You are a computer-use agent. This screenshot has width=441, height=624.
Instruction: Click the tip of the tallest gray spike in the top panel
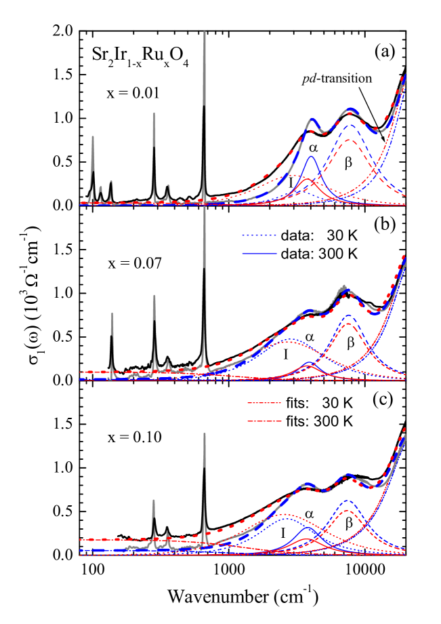click(204, 32)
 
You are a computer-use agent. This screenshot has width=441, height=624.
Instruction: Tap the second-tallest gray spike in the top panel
click(154, 114)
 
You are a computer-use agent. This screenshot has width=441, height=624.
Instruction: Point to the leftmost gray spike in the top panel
click(93, 137)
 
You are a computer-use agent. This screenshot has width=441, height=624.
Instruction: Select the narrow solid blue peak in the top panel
click(312, 157)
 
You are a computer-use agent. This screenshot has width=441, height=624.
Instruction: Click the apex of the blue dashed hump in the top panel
click(350, 125)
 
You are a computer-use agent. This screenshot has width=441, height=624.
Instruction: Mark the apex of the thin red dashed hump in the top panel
click(350, 140)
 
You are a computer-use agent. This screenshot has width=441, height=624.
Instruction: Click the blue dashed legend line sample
click(259, 235)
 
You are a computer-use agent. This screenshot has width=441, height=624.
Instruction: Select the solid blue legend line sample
click(259, 254)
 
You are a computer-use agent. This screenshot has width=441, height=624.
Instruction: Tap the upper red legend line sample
click(264, 403)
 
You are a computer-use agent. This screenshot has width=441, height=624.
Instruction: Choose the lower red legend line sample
click(264, 421)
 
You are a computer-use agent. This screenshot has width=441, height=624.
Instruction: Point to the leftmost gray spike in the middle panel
click(112, 313)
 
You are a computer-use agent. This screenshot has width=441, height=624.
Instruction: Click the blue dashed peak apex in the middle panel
click(348, 315)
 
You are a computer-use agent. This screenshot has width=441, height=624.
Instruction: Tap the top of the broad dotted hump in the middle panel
click(289, 340)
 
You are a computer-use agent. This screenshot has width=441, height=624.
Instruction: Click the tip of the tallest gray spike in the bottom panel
click(204, 434)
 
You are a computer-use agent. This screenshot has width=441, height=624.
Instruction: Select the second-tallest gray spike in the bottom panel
click(153, 501)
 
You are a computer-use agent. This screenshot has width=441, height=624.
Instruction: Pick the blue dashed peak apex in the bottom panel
click(348, 501)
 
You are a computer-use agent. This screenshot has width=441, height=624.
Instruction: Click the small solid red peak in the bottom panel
click(307, 539)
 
